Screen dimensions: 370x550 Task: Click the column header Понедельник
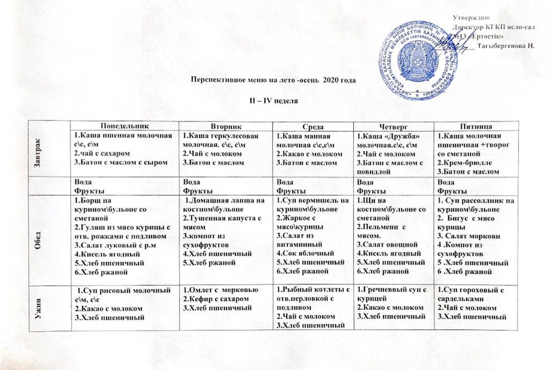point(125,126)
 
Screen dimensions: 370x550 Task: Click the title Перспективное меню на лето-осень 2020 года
point(273,80)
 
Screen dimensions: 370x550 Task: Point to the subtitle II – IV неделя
point(273,101)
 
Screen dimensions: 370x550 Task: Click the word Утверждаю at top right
point(471,18)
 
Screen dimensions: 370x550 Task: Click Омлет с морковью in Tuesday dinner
point(220,290)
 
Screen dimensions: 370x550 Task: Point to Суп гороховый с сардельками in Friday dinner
point(470,294)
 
